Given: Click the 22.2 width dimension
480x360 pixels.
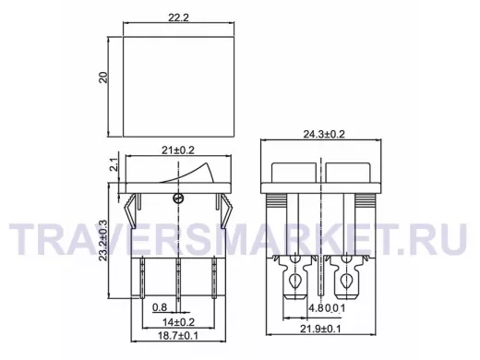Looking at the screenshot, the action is point(178,18).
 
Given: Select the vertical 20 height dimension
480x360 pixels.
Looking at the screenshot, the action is point(103,78).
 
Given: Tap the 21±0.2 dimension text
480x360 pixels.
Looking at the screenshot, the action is point(178,150).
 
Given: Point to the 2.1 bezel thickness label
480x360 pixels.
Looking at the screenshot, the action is point(114,164).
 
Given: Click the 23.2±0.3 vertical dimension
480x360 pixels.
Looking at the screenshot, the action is point(103,240).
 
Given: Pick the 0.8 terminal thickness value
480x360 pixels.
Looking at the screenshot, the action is point(160,307).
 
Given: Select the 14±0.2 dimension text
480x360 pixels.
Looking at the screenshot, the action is point(178,322).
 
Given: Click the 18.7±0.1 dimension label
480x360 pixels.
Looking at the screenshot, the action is point(178,335).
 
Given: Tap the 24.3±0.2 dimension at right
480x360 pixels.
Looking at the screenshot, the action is point(324,135).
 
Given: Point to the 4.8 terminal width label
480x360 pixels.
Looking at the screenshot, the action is point(316,308).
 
